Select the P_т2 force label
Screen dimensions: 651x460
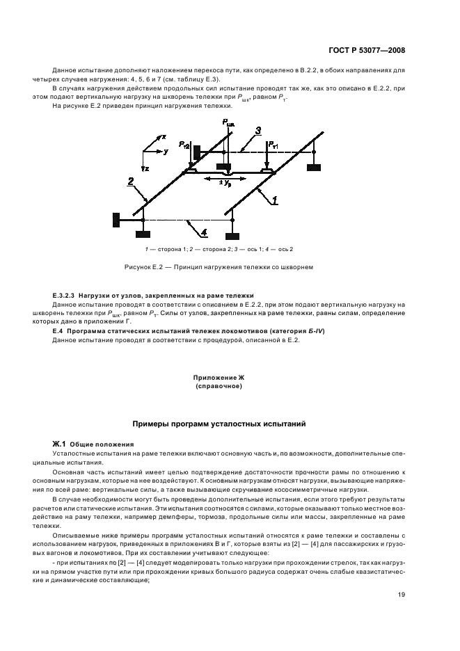pyautogui.click(x=183, y=144)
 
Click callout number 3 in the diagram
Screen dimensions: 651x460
pyautogui.click(x=258, y=130)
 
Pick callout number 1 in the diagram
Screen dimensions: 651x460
pyautogui.click(x=275, y=200)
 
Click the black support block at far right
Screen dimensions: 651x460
pyautogui.click(x=313, y=168)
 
